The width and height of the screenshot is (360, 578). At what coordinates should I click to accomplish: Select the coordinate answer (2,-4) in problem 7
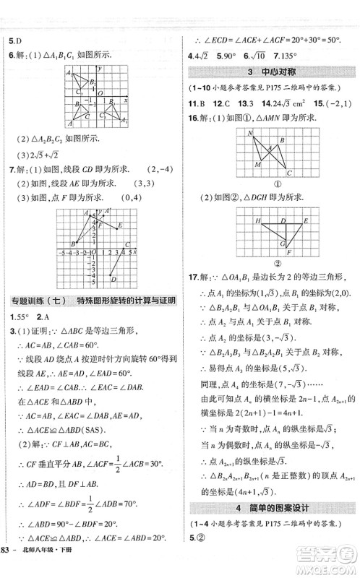point(160,170)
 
